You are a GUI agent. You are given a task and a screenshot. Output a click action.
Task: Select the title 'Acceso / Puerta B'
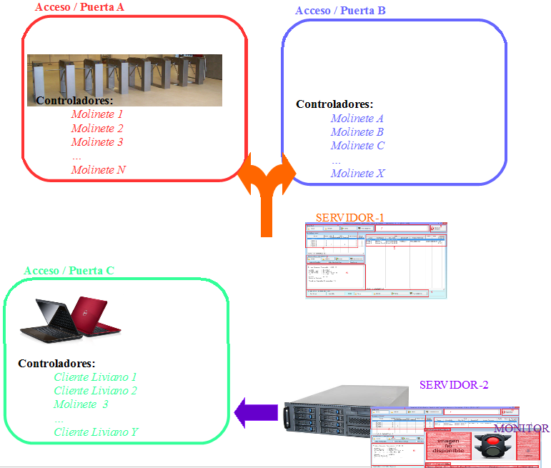pos(340,11)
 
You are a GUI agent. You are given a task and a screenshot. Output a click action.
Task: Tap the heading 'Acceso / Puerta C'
pos(69,271)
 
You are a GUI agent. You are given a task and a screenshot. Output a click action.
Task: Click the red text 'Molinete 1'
pos(97,114)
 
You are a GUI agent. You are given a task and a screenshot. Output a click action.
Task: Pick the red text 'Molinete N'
pos(99,170)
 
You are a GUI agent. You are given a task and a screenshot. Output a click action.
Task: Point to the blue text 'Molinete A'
pos(357,119)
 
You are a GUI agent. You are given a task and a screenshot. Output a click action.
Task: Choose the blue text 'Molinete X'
pos(357,174)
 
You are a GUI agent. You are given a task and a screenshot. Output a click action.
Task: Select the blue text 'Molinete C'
pos(357,146)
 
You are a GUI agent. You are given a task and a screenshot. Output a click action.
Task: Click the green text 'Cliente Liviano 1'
pos(95,377)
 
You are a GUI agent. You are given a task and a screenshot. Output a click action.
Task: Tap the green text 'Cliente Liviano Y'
pos(96,432)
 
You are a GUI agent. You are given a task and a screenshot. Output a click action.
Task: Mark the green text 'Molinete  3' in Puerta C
pos(81,404)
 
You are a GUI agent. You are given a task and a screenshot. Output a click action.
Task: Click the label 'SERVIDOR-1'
pos(350,217)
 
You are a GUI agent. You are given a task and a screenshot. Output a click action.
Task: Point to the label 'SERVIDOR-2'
pos(454,385)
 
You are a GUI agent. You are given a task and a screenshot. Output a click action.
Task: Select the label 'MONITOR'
pos(522,429)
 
